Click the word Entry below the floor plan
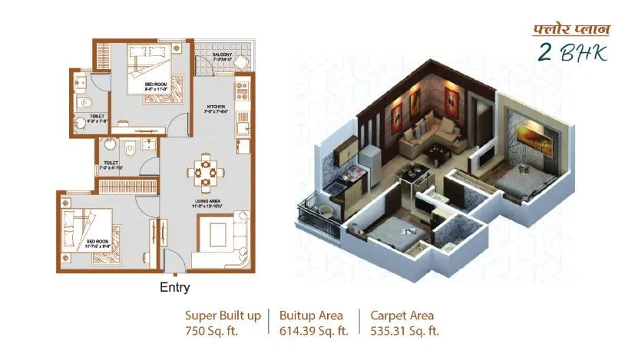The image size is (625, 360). pyautogui.click(x=174, y=289)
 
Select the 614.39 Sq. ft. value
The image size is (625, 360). pyautogui.click(x=314, y=331)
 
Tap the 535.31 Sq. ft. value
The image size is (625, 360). pyautogui.click(x=405, y=331)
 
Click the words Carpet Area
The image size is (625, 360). pyautogui.click(x=402, y=315)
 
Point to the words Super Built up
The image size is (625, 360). pyautogui.click(x=223, y=315)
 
